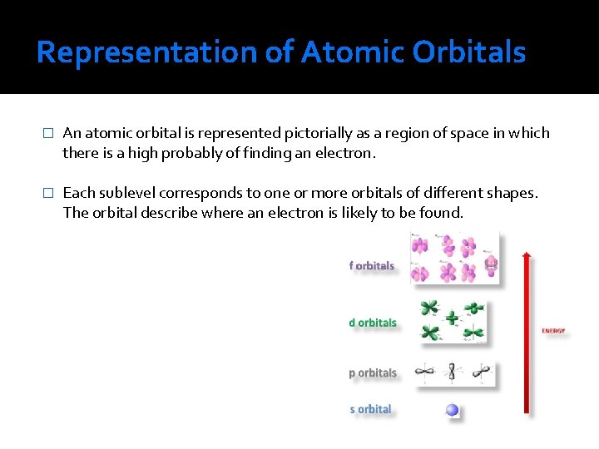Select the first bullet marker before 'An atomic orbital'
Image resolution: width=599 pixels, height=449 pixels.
[47, 134]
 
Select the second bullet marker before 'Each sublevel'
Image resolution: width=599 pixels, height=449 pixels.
[47, 193]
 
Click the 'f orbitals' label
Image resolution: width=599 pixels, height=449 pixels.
[371, 266]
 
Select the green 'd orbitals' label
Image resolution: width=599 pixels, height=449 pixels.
[373, 323]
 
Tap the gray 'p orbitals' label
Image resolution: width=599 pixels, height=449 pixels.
[373, 373]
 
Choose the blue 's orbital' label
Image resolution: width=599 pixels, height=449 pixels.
[370, 409]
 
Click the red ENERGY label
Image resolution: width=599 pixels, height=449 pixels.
[553, 331]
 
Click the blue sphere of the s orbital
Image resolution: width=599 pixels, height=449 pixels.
[452, 409]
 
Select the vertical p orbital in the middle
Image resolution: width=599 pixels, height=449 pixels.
[452, 372]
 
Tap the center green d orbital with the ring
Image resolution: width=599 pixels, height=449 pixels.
[452, 318]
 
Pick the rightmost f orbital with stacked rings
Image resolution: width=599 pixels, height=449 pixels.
[490, 265]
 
